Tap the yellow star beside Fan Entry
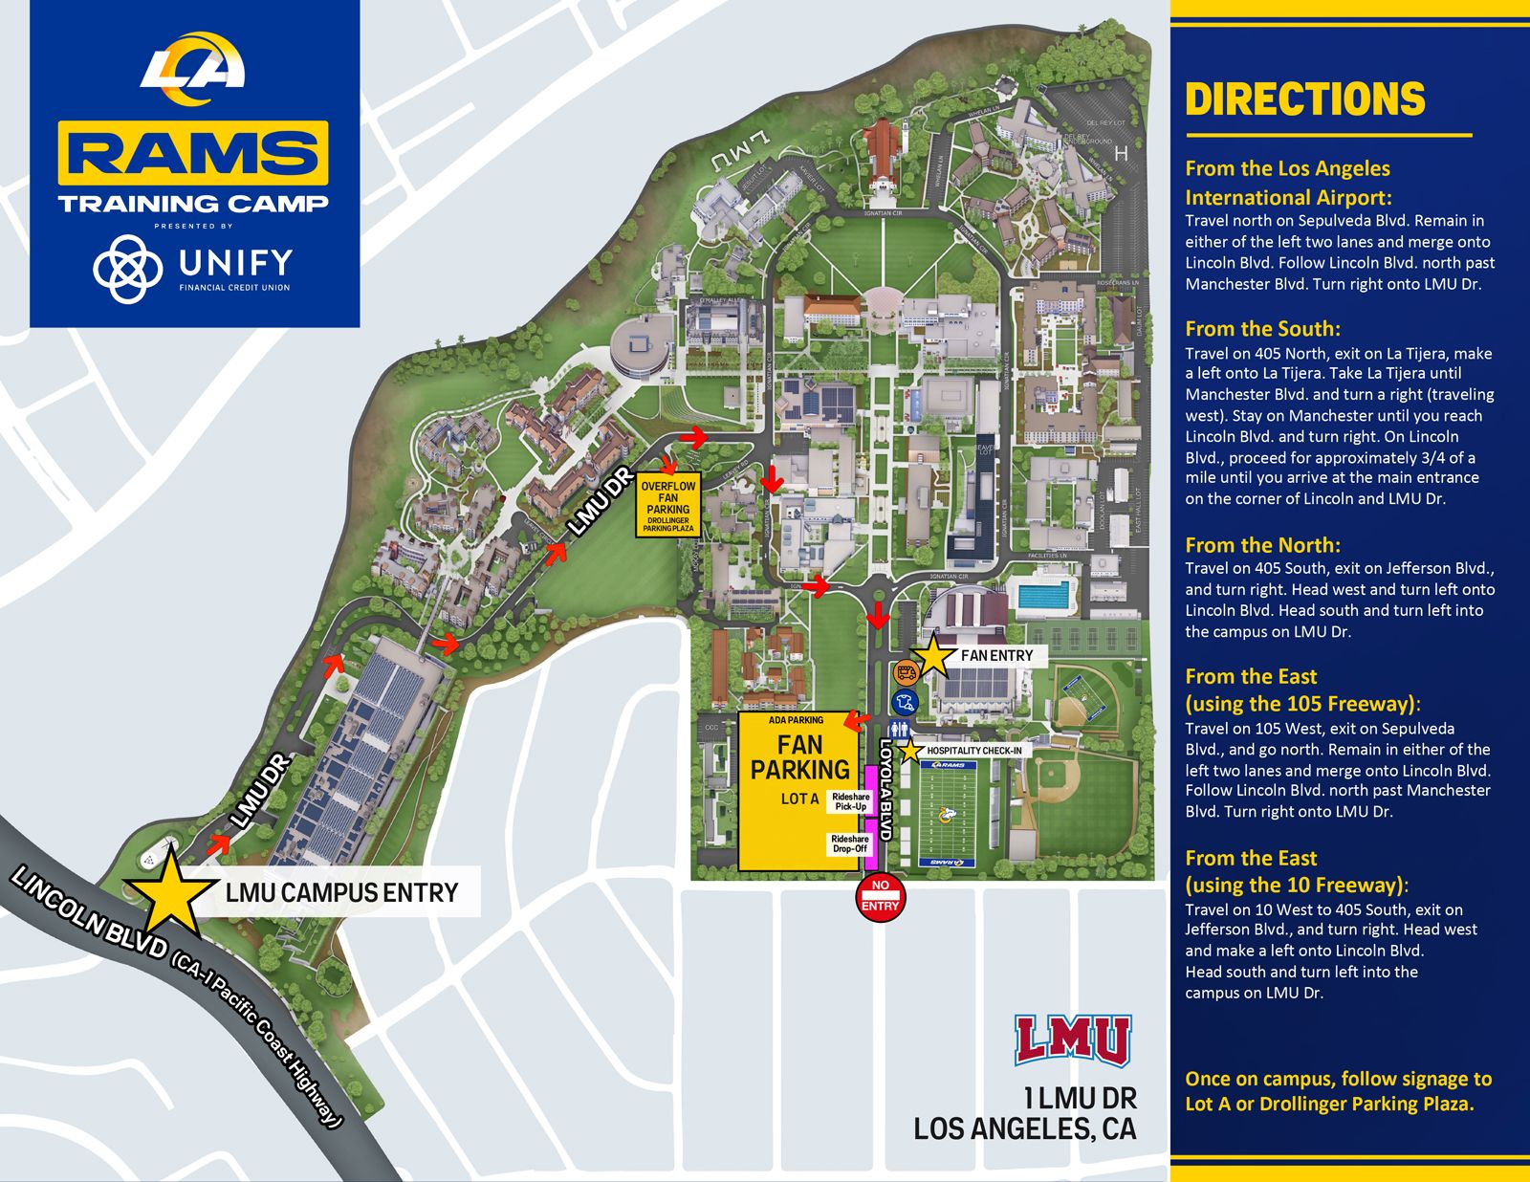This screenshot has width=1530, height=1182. [932, 656]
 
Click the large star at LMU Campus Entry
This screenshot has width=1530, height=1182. [170, 891]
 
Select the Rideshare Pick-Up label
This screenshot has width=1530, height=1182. [850, 801]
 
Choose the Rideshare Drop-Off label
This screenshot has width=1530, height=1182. [849, 843]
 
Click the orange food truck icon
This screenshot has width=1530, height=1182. [905, 673]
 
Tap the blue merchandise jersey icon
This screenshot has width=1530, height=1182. [905, 703]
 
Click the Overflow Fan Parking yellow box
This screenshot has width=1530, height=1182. [668, 504]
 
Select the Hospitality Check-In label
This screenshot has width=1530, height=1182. [973, 751]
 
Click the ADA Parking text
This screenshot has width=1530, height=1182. [796, 720]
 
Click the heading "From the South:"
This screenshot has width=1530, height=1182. [1262, 329]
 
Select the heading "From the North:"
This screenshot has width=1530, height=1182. [1262, 545]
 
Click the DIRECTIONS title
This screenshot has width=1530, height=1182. [1304, 99]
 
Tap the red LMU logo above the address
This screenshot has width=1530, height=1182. [1072, 1040]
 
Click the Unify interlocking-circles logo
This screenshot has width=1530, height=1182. [127, 268]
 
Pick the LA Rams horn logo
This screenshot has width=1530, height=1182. [194, 67]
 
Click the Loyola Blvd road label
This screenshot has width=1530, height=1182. [885, 789]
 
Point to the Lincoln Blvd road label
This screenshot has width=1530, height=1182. [91, 913]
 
